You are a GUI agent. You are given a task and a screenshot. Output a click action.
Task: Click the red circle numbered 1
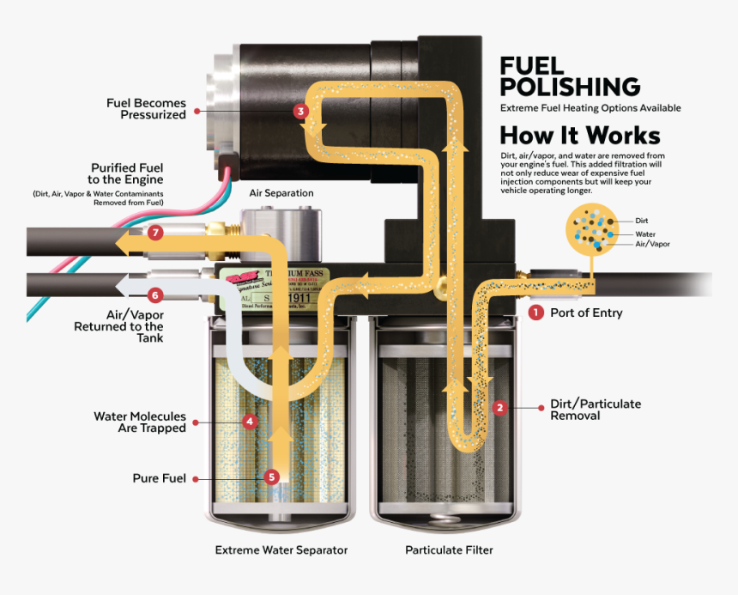536,313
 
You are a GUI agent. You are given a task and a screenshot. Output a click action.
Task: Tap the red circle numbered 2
500,409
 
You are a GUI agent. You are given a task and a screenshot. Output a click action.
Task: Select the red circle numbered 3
299,111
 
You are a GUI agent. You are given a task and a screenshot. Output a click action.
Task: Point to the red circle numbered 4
250,422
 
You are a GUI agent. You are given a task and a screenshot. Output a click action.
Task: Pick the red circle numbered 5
272,477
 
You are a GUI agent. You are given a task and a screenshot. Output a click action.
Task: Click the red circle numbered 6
154,295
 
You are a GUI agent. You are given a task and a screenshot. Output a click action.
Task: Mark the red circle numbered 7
154,233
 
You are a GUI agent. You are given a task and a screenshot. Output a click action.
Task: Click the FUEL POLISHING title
570,76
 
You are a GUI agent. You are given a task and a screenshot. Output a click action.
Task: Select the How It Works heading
580,136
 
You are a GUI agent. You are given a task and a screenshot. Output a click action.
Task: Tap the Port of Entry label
586,313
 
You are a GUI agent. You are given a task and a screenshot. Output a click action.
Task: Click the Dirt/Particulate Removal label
595,410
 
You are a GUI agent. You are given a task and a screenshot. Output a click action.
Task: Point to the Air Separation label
281,193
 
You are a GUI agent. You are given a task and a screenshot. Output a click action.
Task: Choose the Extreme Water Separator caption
281,550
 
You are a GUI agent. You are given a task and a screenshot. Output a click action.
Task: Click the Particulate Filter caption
449,550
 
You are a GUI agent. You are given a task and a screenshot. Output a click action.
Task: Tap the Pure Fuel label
160,478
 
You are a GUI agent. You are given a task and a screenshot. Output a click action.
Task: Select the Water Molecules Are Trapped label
140,422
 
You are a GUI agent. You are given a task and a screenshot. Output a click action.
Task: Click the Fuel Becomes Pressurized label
146,109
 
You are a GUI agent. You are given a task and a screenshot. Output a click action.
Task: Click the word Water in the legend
645,234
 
